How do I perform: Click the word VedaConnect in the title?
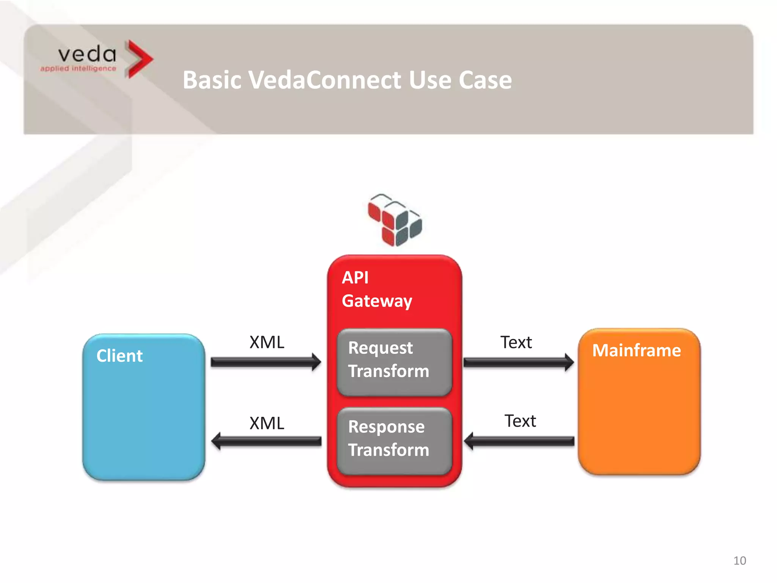click(x=325, y=80)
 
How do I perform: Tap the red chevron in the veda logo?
click(x=138, y=59)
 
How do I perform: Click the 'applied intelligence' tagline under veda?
click(x=78, y=68)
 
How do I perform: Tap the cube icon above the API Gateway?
click(x=395, y=220)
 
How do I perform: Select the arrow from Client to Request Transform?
click(x=266, y=362)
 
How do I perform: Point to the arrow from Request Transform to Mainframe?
click(x=518, y=362)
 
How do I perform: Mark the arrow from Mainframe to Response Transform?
click(x=519, y=441)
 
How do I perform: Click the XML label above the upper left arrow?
click(x=267, y=342)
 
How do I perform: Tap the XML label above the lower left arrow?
click(x=267, y=423)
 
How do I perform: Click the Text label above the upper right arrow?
click(x=516, y=342)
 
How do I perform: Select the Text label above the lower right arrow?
click(x=520, y=421)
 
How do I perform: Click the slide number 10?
click(x=739, y=561)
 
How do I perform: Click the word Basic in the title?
click(x=212, y=80)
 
